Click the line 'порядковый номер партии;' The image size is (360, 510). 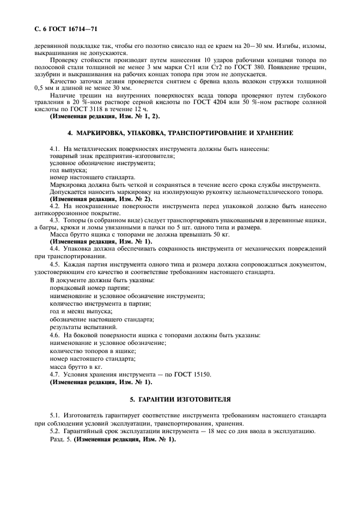click(x=89, y=287)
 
